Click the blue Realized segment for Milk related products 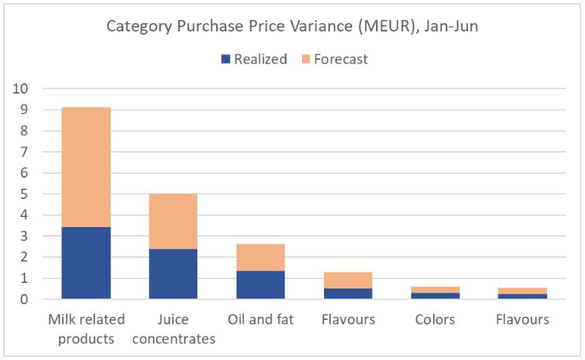click(x=86, y=263)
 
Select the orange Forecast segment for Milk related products click(x=86, y=167)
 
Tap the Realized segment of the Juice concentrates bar click(x=174, y=274)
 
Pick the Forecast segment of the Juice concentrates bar click(x=174, y=221)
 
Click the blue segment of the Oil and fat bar click(x=261, y=285)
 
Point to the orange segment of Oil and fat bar click(x=261, y=257)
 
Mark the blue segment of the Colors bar click(x=436, y=296)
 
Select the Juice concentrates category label click(x=174, y=329)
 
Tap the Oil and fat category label click(x=261, y=320)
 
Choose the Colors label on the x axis click(x=436, y=320)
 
